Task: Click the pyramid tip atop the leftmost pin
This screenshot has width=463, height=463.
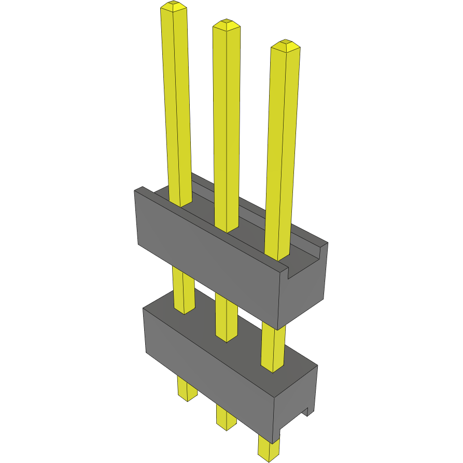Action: click(x=174, y=6)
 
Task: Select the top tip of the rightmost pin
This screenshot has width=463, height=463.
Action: click(x=286, y=45)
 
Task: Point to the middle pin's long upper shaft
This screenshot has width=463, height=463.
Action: click(x=227, y=130)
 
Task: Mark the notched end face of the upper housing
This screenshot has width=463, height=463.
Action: click(x=306, y=290)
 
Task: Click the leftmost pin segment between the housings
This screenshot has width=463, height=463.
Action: click(x=184, y=290)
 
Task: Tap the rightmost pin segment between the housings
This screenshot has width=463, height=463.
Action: click(x=273, y=347)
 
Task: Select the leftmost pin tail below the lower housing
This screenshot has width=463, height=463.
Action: click(x=187, y=389)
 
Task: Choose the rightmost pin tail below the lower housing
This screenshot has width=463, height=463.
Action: click(x=269, y=448)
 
